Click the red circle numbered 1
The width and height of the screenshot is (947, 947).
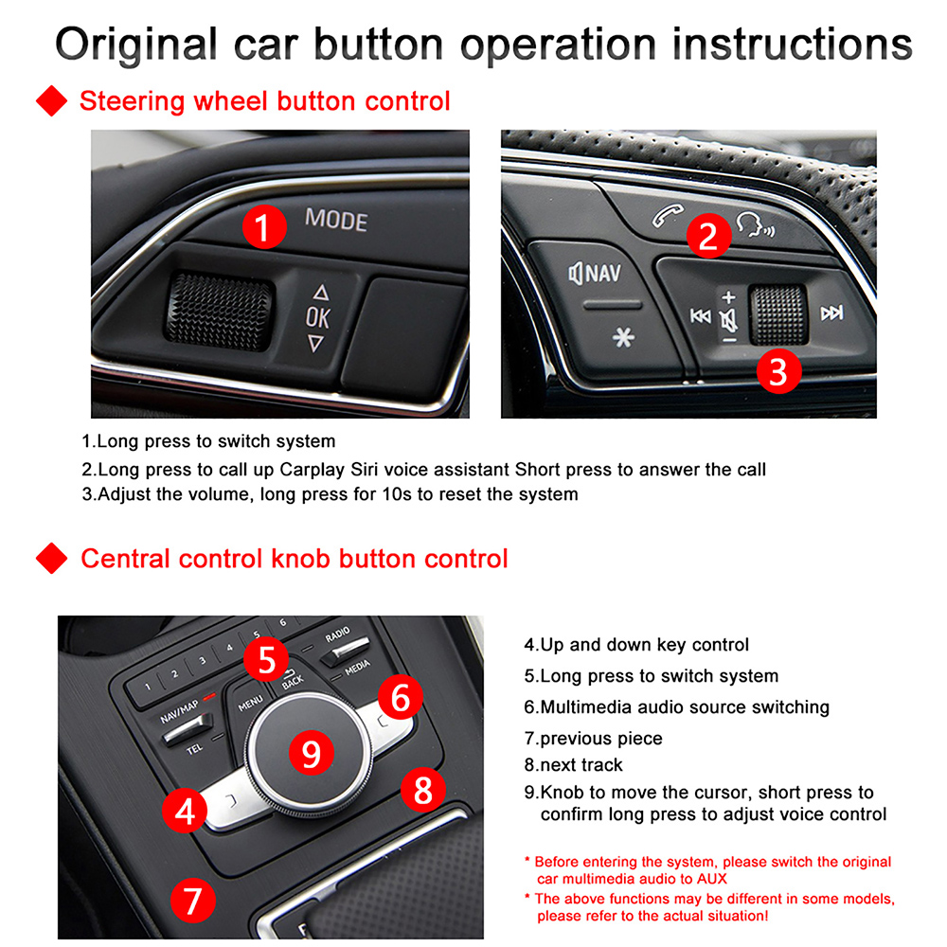pos(265,227)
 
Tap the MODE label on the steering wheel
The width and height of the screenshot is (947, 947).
pos(335,221)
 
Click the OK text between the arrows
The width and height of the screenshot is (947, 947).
pos(318,317)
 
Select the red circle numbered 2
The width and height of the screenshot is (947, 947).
pos(707,235)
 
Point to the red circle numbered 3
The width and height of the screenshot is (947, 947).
pos(777,370)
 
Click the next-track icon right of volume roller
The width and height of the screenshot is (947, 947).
pos(831,313)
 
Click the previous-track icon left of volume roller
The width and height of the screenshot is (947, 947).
pos(701,315)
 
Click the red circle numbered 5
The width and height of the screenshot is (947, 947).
pos(266,658)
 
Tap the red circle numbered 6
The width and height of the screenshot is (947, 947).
pos(400,699)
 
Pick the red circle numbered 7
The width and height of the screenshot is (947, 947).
pos(192,899)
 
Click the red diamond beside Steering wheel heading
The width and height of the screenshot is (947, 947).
pos(52,100)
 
